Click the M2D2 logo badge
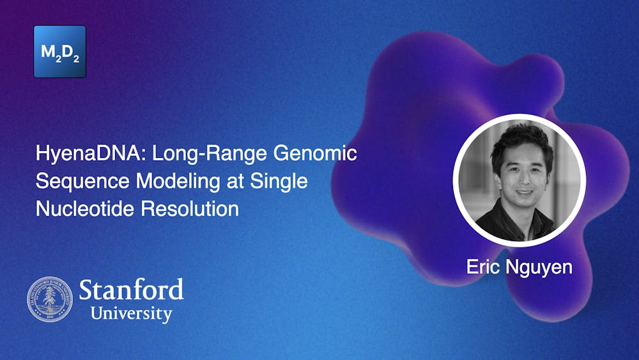point(59,52)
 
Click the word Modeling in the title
point(174,182)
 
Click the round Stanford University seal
point(50,299)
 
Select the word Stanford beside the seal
point(132,290)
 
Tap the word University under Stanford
point(131,314)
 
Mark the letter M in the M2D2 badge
point(48,51)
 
